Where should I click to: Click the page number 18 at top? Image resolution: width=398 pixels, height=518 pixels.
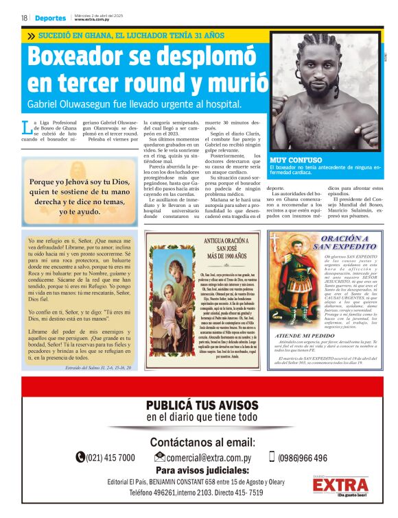coord(24,18)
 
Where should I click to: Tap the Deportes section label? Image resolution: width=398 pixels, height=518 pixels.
coord(51,18)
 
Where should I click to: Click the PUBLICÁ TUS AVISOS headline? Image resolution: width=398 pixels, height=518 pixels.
coord(201,404)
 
